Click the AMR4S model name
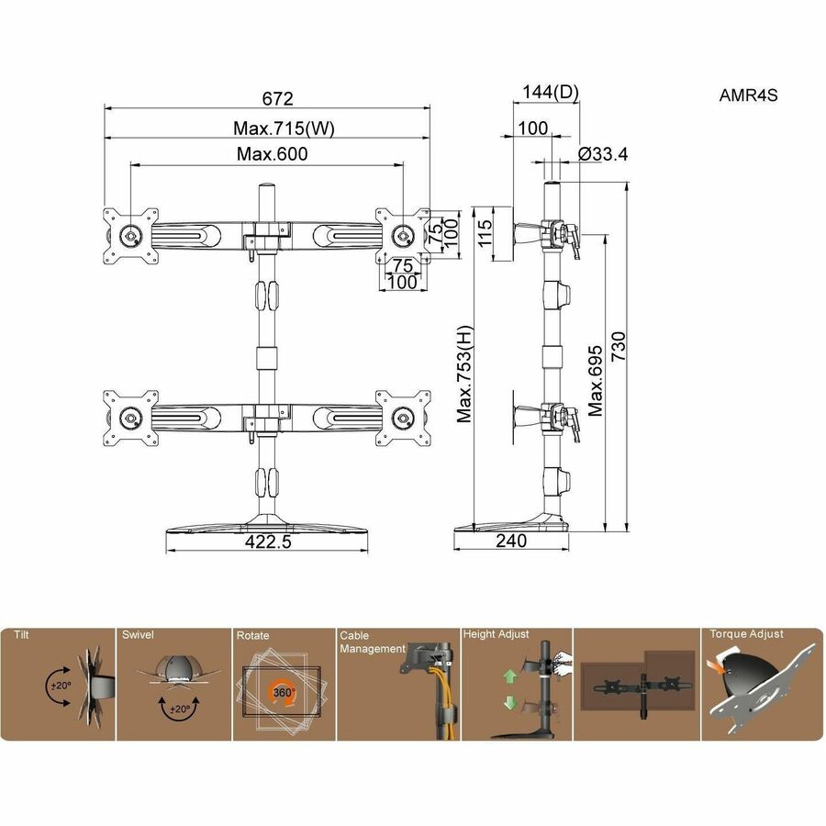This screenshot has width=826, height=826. (x=748, y=95)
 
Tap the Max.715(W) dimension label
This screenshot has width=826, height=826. (x=271, y=128)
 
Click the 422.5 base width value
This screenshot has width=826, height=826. (x=268, y=541)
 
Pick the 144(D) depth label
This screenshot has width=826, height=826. (x=551, y=92)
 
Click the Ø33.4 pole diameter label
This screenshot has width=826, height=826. (x=603, y=154)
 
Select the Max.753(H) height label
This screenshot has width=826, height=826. (x=464, y=374)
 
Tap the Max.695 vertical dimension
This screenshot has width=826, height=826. (x=597, y=380)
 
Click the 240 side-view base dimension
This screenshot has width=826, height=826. (x=510, y=541)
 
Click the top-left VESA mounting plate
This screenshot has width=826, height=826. (x=130, y=236)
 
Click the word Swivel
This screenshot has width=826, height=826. (x=138, y=634)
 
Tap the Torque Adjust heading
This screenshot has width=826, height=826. (x=746, y=633)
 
